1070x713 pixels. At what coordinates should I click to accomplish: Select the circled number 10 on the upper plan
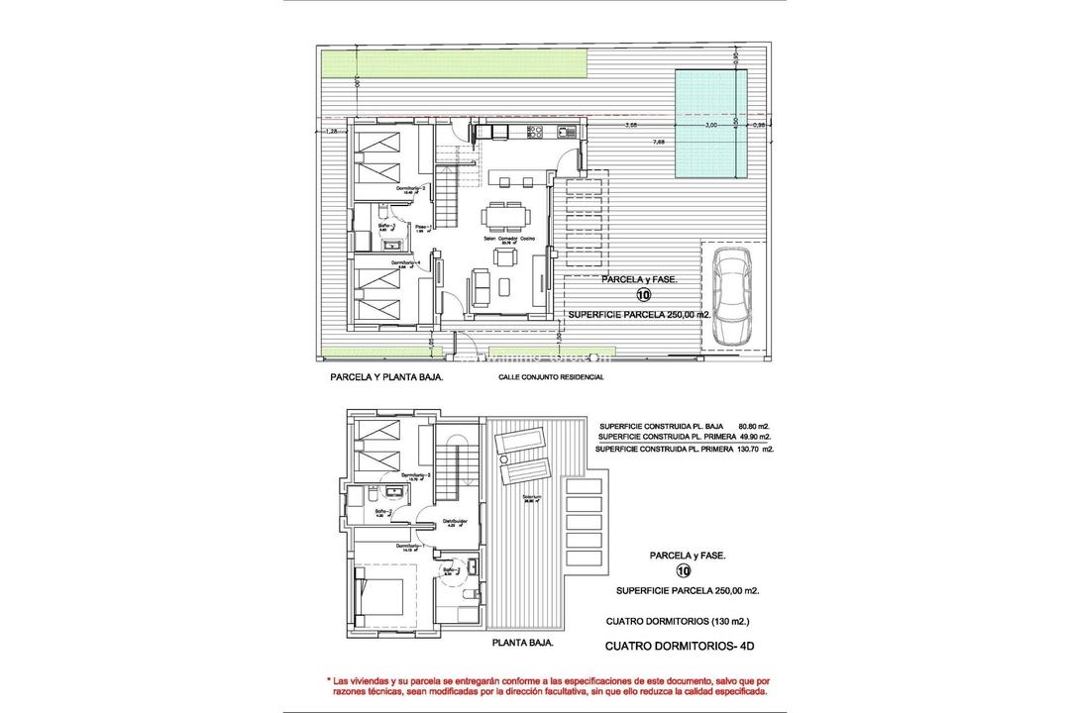[x=643, y=294]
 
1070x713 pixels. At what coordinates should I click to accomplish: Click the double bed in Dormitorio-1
[x=380, y=597]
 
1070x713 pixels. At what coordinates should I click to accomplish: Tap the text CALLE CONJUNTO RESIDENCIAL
[x=552, y=377]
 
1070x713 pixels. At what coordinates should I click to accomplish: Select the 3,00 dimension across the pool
[x=709, y=127]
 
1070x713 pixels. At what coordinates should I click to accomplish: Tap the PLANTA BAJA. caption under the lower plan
[x=522, y=642]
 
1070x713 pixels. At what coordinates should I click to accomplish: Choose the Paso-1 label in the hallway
[x=420, y=226]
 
